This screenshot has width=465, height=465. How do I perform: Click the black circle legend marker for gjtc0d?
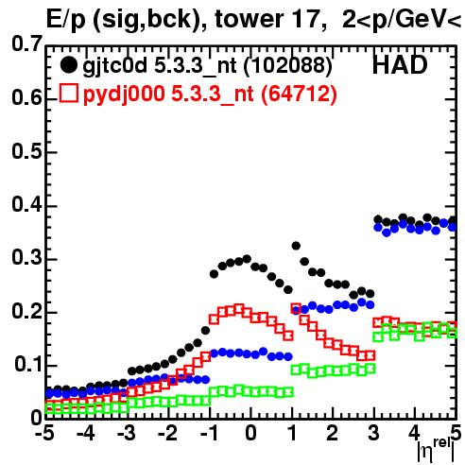coord(68,65)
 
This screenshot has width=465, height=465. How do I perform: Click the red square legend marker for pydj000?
coord(68,94)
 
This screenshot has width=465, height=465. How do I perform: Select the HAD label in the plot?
coord(400,65)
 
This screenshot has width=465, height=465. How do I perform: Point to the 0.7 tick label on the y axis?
coord(26,43)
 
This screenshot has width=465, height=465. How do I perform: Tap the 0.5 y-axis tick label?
coord(26,152)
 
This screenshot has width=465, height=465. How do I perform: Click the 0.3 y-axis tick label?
coord(26,258)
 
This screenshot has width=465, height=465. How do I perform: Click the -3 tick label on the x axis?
coord(126,434)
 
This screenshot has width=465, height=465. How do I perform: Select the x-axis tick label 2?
coord(333,434)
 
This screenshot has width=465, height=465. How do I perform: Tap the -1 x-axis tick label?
coord(209,434)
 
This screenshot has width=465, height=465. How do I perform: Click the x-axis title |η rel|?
coord(437,451)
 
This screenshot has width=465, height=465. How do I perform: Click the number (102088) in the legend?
coord(288,65)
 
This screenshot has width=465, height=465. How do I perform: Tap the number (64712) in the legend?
coord(299,94)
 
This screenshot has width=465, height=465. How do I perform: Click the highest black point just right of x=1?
coord(296,246)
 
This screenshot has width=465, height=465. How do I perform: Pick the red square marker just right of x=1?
coord(296,308)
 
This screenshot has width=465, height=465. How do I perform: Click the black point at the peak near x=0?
coord(247,259)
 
